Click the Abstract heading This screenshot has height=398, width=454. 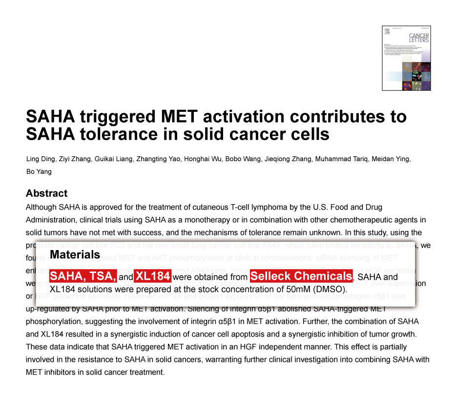[46, 193]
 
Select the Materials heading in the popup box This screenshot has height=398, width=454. [75, 254]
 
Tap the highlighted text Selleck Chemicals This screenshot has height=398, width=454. [301, 276]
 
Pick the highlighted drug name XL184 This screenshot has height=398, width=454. [152, 276]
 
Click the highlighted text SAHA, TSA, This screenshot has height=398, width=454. [83, 276]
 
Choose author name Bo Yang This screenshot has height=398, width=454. [39, 171]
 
